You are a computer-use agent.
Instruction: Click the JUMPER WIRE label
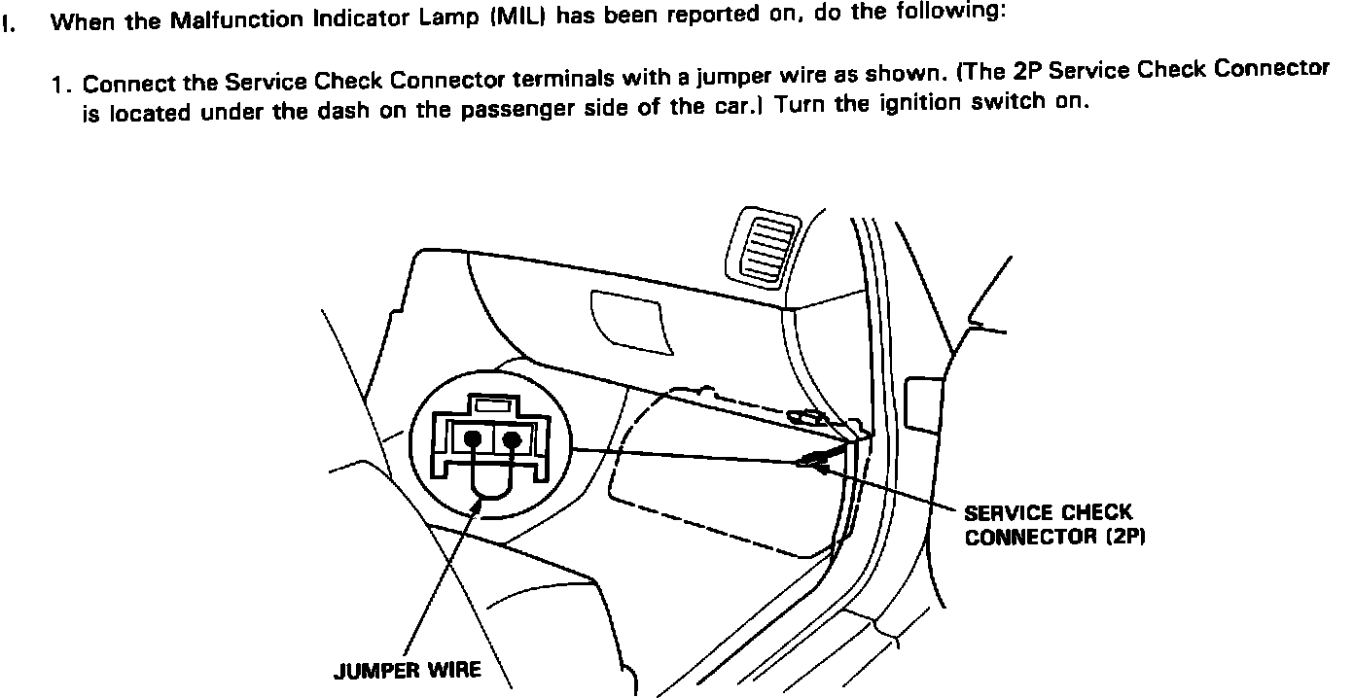pyautogui.click(x=407, y=672)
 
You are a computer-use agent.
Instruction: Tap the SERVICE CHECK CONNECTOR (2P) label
pyautogui.click(x=1048, y=525)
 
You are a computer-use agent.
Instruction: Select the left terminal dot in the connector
pyautogui.click(x=473, y=439)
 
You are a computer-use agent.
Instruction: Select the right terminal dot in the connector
pyautogui.click(x=512, y=439)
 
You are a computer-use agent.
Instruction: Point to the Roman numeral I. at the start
pyautogui.click(x=9, y=24)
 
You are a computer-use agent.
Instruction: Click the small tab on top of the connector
pyautogui.click(x=492, y=402)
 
